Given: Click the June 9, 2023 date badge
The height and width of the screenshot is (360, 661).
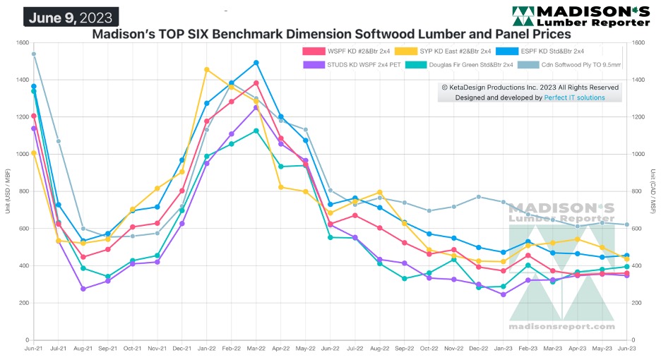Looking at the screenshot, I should pos(71,16).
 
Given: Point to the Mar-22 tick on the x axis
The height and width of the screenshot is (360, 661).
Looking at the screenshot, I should pos(256,348).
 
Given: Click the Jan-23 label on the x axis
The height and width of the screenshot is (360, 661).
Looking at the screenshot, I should pos(503,348).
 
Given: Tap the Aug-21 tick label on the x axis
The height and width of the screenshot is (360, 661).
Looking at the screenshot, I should pos(83,348).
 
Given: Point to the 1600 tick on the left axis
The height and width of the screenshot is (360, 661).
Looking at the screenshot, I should pos(20,43).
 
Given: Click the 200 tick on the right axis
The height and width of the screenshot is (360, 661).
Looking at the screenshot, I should pos(638,303).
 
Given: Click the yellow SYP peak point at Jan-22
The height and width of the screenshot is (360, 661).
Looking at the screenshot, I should pos(206,69).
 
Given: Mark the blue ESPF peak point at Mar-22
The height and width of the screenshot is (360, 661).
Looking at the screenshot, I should pos(256,63).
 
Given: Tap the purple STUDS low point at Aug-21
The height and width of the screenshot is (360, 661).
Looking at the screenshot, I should pos(83,289).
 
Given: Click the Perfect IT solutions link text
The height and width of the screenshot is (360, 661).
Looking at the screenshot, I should pos(574,97).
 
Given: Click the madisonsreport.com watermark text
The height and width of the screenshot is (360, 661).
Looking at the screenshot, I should pos(561,327).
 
